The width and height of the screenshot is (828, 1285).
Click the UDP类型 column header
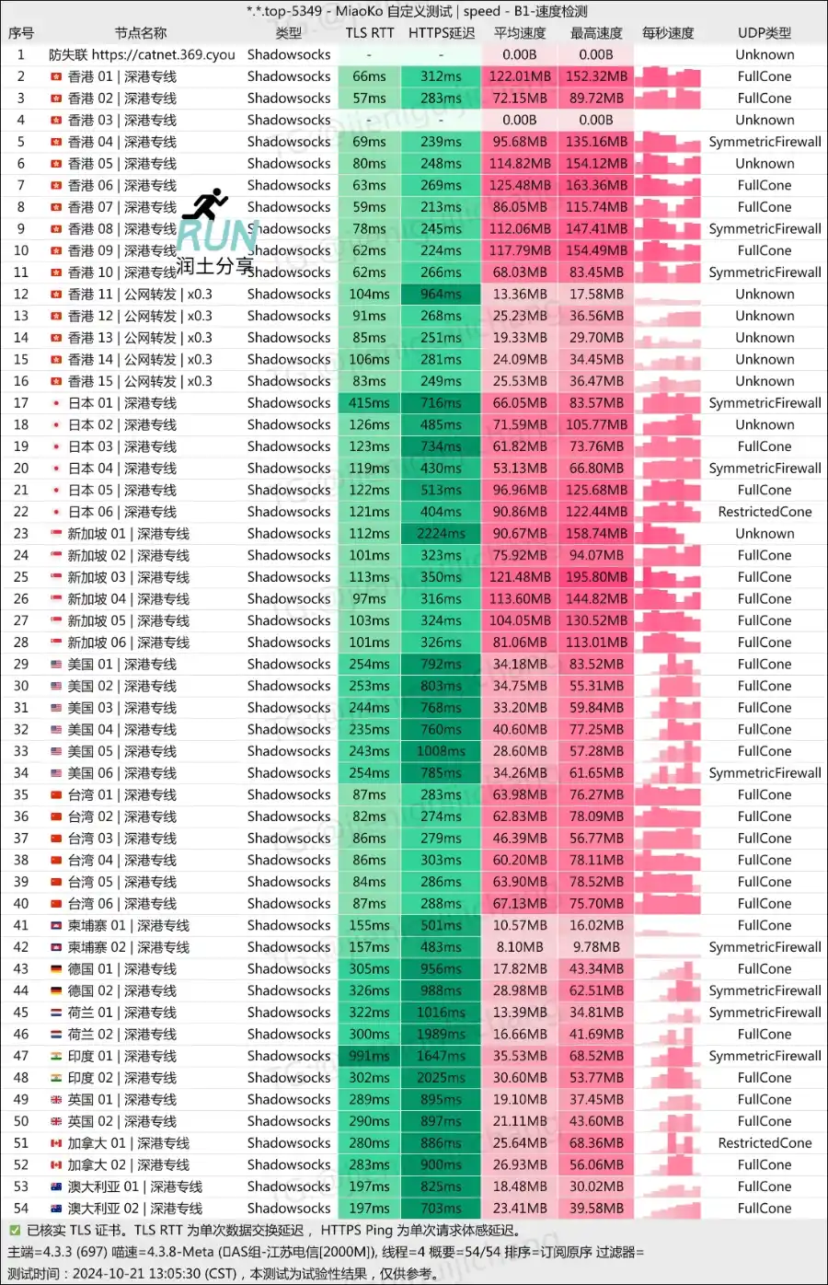coord(764,33)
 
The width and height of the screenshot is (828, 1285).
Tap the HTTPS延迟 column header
coord(442,33)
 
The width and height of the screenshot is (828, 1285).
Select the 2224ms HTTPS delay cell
coord(442,534)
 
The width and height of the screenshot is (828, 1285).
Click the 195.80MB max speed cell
coord(596,577)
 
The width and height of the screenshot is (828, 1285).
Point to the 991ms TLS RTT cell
coord(369,1056)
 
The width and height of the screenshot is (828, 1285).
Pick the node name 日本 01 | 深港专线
coord(121,403)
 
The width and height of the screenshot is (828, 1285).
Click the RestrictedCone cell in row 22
coord(765,512)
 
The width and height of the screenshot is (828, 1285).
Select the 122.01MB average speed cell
coord(520,76)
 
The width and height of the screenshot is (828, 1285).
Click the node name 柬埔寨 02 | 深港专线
coord(128,947)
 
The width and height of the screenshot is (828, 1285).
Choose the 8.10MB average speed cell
coord(520,947)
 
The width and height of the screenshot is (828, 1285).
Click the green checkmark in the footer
coord(15,1231)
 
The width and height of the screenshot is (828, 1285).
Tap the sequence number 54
coord(21,1209)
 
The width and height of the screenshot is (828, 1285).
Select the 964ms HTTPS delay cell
coord(442,295)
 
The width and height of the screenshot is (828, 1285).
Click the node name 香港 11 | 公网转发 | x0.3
coord(139,295)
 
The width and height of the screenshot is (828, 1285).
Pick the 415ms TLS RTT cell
coord(369,403)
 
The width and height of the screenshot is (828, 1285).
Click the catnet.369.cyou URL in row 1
coord(163,55)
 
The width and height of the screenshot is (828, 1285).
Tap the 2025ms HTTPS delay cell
coord(442,1078)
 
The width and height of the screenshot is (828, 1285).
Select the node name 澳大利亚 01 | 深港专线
coord(134,1187)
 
